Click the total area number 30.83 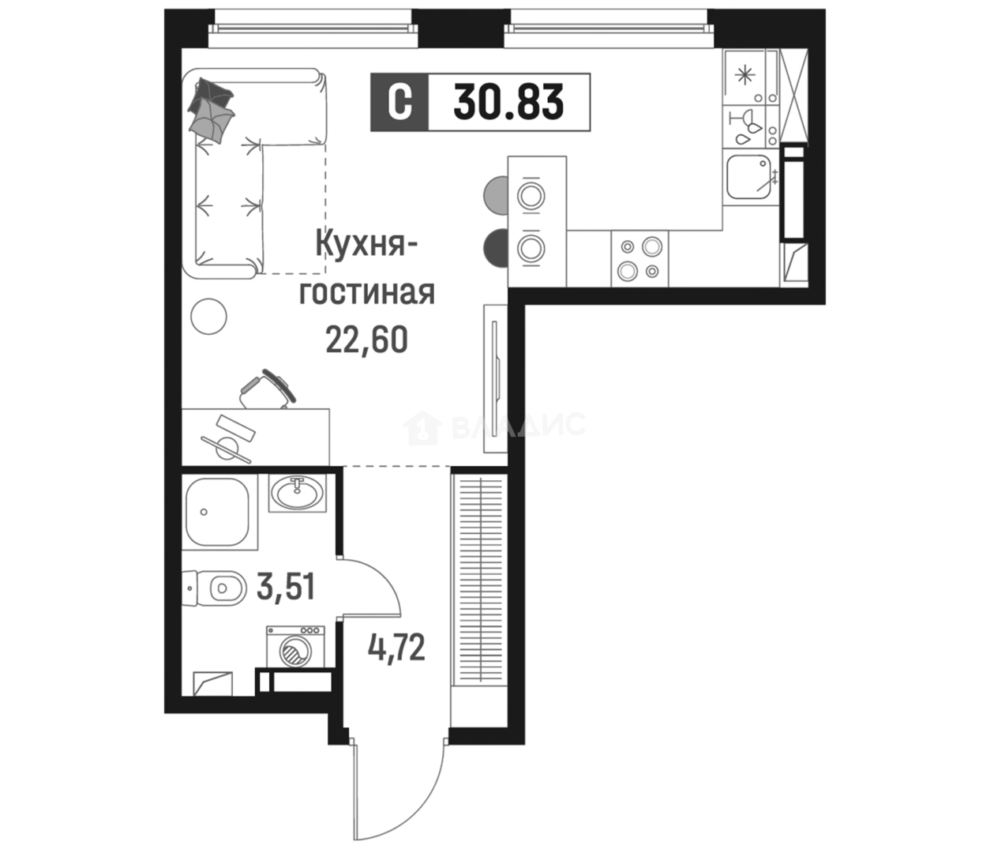click(x=508, y=102)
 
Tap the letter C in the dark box click(x=399, y=102)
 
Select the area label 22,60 click(x=366, y=340)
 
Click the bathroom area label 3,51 click(x=286, y=587)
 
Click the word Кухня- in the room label click(x=366, y=244)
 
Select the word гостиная click(x=366, y=291)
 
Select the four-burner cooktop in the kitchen click(x=639, y=258)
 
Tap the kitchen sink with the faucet click(x=749, y=178)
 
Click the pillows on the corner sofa click(x=212, y=109)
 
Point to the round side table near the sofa click(x=208, y=316)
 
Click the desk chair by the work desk click(x=268, y=389)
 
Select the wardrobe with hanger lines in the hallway click(x=479, y=580)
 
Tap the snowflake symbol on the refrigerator click(x=744, y=76)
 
